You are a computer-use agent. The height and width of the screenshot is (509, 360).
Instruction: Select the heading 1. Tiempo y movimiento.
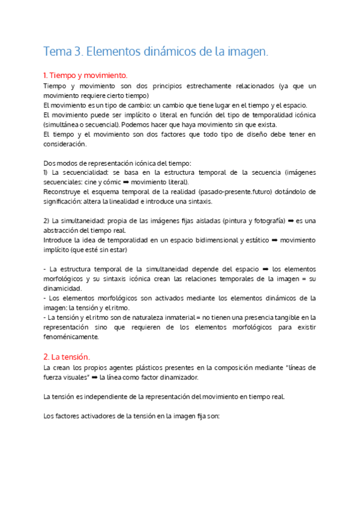85,76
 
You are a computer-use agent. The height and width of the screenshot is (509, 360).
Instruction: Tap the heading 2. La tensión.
67,357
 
